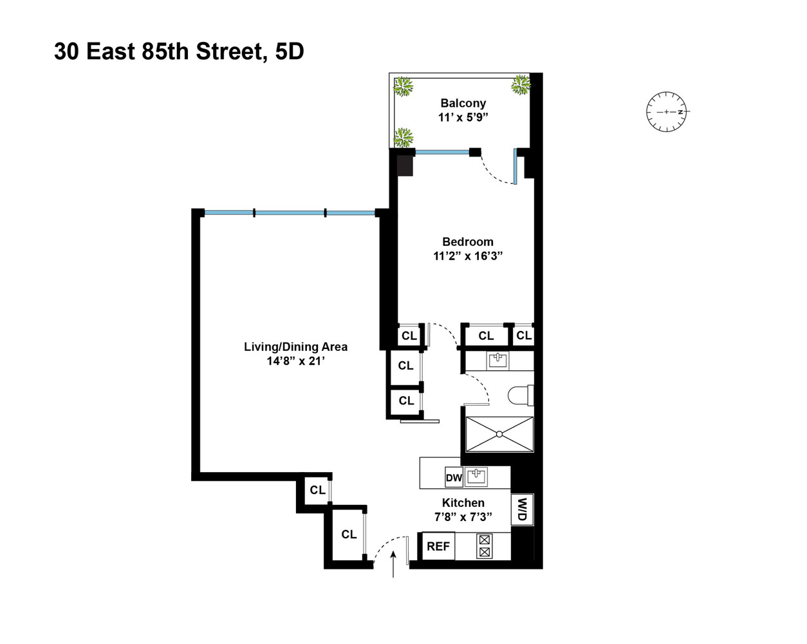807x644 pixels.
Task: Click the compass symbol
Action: [667, 112]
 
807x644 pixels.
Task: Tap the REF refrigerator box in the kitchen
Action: [438, 546]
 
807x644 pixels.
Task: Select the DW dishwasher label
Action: [454, 478]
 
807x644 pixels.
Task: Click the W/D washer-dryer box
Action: [522, 509]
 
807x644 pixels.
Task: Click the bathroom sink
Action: [497, 360]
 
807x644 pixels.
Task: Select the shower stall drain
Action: [499, 435]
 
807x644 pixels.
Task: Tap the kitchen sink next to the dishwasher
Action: [476, 477]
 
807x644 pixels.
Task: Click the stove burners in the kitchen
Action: [485, 546]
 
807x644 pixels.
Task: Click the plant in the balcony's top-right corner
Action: [520, 84]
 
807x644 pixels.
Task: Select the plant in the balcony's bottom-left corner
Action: [403, 137]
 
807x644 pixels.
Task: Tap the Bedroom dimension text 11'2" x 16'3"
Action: [467, 256]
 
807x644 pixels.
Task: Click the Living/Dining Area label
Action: [295, 346]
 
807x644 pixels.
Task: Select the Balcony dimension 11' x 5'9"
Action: [463, 117]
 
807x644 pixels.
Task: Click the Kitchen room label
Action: [463, 503]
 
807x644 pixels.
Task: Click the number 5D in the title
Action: [289, 52]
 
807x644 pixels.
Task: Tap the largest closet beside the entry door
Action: [348, 535]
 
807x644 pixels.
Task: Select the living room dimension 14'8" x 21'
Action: [295, 361]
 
